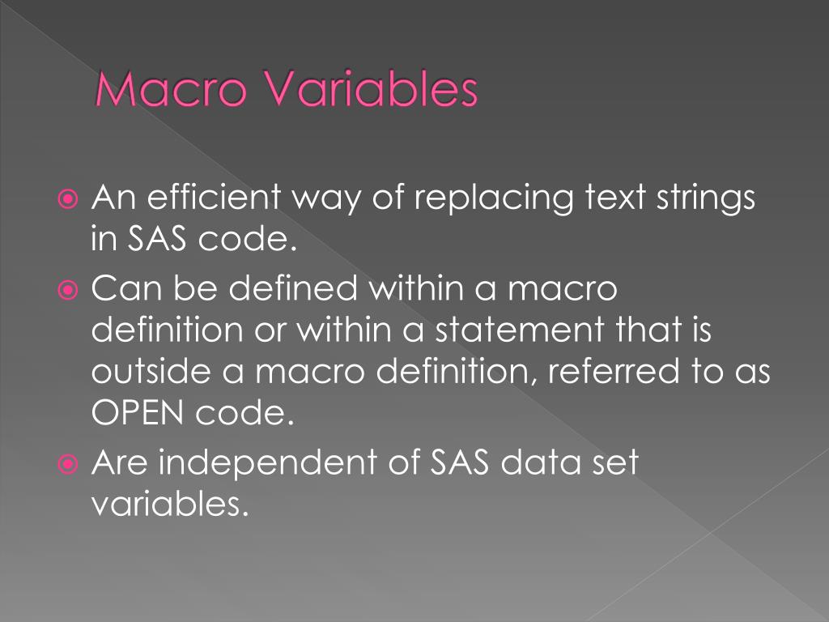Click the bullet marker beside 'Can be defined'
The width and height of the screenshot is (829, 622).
click(x=70, y=288)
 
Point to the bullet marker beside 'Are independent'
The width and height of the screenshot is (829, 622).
click(x=70, y=463)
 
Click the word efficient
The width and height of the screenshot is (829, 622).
click(x=215, y=198)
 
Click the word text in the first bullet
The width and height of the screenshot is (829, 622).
click(x=606, y=198)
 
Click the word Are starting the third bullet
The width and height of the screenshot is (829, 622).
click(x=121, y=462)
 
